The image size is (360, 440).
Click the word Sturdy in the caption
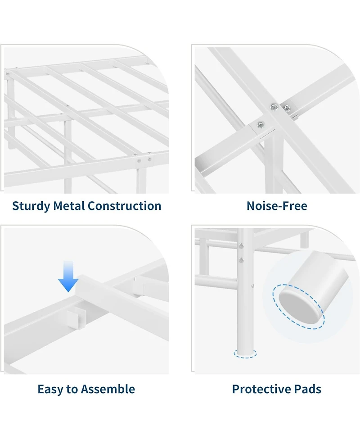[31, 206]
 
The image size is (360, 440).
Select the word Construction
[125, 206]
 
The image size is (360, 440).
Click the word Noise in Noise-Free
[260, 206]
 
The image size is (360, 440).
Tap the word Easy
[50, 390]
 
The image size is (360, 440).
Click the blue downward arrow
[68, 276]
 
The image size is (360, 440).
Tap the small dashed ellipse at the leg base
[245, 354]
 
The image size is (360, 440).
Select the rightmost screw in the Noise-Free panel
[287, 108]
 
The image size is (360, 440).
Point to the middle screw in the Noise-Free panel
[274, 106]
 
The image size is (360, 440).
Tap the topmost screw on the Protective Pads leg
[241, 246]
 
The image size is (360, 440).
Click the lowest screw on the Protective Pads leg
[252, 286]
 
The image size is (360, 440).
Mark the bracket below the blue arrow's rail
[76, 318]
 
